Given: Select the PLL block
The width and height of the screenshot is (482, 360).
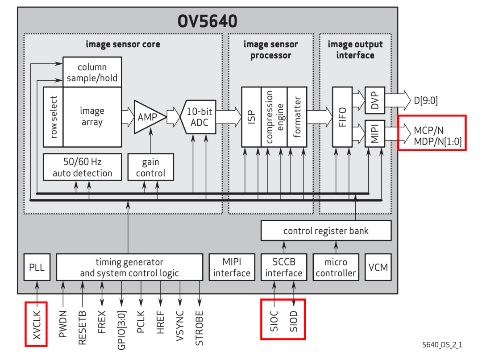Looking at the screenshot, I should pos(37,268).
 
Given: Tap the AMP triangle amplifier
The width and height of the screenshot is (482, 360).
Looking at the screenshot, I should pos(148,117).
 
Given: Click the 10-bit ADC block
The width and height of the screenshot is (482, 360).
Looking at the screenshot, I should pos(199,117).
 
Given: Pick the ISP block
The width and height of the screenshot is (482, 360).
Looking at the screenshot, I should pos(251,117).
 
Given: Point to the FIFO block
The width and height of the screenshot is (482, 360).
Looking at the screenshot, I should pos(342,117).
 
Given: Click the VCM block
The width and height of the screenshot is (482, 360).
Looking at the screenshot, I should pos(378,268).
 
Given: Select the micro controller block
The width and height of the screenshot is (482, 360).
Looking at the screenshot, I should pos(336,268).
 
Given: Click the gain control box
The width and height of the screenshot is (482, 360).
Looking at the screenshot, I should pos(150,167).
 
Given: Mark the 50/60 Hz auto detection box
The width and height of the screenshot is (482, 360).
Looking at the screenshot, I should pos(83,167).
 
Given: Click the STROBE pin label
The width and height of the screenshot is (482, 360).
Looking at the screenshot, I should pos(199,328).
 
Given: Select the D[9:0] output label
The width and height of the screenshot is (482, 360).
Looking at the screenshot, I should pos(425,101).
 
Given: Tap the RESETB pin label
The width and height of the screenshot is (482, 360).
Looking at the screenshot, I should pos(82,327).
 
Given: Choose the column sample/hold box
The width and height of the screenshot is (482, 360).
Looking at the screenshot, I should pos(92,72).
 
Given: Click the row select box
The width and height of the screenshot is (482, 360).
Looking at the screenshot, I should pos(54,117).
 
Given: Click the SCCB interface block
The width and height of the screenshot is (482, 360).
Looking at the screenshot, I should pos(284,268).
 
